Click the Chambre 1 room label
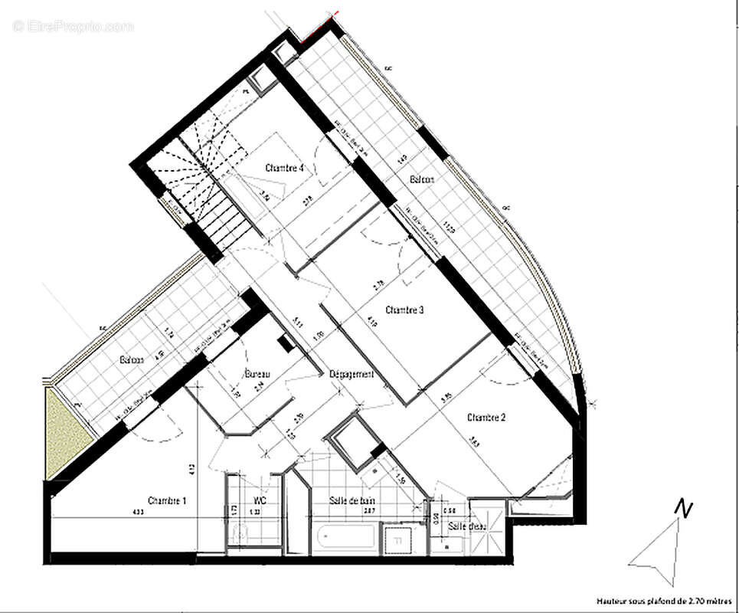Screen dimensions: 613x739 168,500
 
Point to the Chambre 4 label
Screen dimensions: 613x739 285,168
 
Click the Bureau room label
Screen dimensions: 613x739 257,374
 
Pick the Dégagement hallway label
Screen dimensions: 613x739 352,374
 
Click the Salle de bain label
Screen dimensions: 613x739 351,500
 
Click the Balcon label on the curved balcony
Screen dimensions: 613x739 422,179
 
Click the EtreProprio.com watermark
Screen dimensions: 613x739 73,27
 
